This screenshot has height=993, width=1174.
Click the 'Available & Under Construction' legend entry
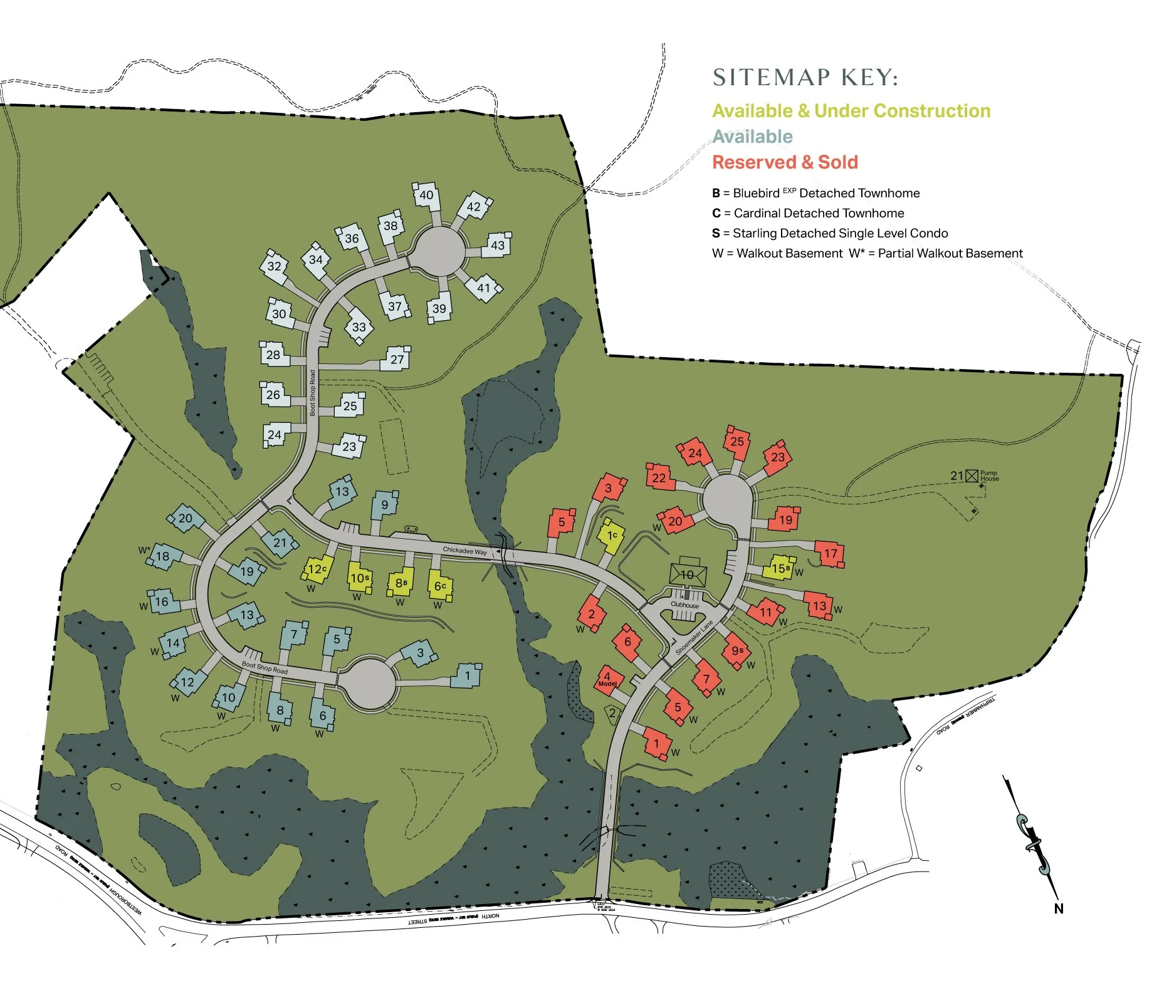pyautogui.click(x=851, y=111)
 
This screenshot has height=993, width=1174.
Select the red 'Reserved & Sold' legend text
pyautogui.click(x=785, y=162)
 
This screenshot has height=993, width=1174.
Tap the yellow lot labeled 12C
pyautogui.click(x=317, y=569)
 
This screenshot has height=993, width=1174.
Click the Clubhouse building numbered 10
pyautogui.click(x=688, y=574)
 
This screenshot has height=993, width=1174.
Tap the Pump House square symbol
pyautogui.click(x=972, y=476)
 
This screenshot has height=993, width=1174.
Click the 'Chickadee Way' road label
pyautogui.click(x=464, y=551)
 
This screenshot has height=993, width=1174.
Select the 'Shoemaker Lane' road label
pyautogui.click(x=694, y=638)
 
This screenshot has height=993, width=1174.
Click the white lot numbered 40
pyautogui.click(x=426, y=195)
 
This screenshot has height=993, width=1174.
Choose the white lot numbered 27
pyautogui.click(x=397, y=359)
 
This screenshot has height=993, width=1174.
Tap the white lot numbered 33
pyautogui.click(x=359, y=327)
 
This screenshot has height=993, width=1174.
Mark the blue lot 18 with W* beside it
pyautogui.click(x=164, y=556)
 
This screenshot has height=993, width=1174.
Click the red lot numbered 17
pyautogui.click(x=831, y=554)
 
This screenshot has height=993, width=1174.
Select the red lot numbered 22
pyautogui.click(x=659, y=478)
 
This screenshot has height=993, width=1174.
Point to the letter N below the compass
pyautogui.click(x=1058, y=908)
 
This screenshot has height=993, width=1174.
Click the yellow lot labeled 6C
pyautogui.click(x=440, y=586)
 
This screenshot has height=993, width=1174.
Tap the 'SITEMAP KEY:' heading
pyautogui.click(x=805, y=78)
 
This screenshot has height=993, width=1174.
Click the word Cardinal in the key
pyautogui.click(x=759, y=213)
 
